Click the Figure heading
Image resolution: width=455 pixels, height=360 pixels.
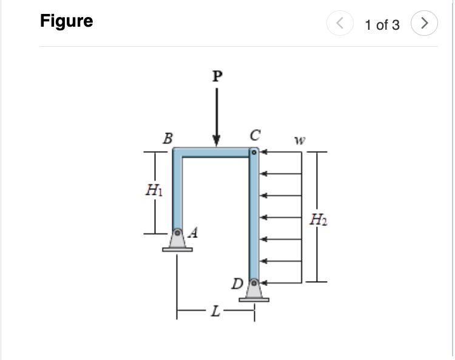point(67,21)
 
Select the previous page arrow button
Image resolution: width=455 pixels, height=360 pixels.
point(340,24)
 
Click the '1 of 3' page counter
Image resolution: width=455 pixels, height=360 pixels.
point(382,25)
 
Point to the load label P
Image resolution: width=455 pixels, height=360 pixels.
point(217,76)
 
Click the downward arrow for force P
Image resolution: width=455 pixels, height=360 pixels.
point(217,115)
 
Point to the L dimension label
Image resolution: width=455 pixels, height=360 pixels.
point(214,313)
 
